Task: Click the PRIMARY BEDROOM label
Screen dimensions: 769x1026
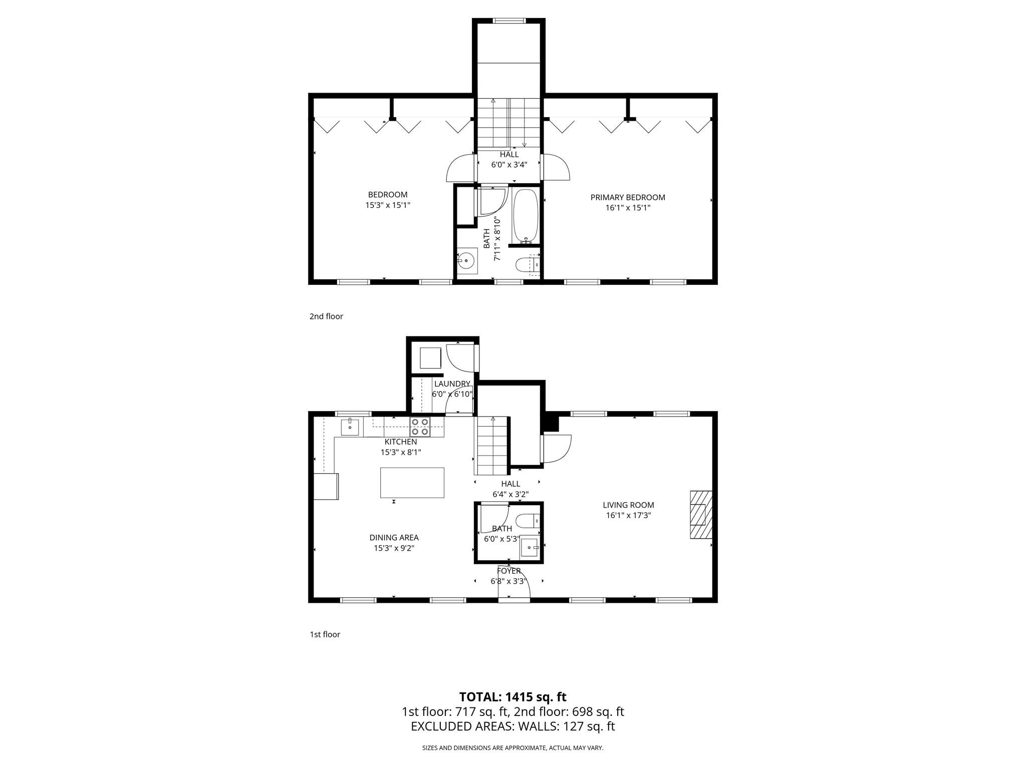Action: point(628,197)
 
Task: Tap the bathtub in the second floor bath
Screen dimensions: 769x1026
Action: point(526,216)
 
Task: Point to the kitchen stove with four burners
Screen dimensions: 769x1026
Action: point(420,427)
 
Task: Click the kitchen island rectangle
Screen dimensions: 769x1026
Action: point(412,482)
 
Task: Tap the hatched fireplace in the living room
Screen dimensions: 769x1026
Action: point(701,514)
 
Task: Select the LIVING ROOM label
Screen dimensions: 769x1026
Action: point(628,505)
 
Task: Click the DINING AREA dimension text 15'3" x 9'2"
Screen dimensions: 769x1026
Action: point(394,548)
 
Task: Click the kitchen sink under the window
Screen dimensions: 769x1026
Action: point(350,427)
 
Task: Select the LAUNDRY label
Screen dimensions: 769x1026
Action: point(452,384)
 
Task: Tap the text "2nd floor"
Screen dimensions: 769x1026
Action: point(326,316)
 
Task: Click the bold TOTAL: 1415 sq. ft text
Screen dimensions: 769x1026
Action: point(512,697)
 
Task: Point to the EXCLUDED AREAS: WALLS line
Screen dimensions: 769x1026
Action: point(512,726)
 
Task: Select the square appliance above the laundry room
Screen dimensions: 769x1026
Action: point(430,357)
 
